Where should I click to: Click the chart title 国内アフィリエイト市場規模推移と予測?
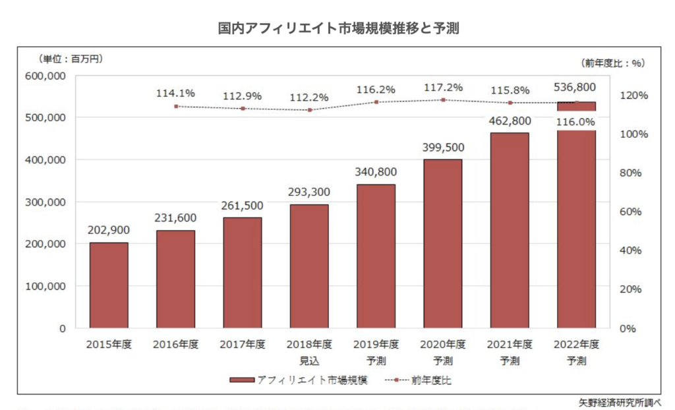click(x=337, y=28)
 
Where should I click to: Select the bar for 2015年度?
click(x=109, y=285)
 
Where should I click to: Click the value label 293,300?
click(x=309, y=192)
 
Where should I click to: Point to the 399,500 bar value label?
click(x=442, y=147)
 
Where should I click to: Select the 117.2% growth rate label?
click(x=442, y=87)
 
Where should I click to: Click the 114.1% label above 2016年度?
click(x=175, y=94)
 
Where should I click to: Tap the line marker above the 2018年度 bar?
click(x=309, y=110)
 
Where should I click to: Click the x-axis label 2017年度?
click(x=242, y=345)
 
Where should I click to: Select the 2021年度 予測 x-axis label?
click(x=510, y=352)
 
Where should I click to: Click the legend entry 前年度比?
click(x=422, y=380)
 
